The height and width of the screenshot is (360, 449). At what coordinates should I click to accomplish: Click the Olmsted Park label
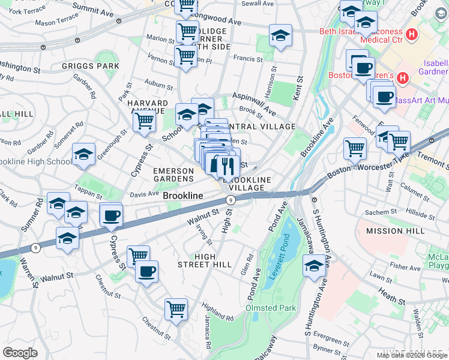[x=271, y=308]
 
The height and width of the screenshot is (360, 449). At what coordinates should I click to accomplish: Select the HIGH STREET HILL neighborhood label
[x=205, y=260]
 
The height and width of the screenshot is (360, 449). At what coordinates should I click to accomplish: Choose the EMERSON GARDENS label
[x=173, y=174]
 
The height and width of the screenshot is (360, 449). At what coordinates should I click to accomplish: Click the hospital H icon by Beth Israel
[x=411, y=34]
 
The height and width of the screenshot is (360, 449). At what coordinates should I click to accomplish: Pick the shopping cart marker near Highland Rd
[x=176, y=310]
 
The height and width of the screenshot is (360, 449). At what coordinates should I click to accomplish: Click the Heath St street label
[x=393, y=296]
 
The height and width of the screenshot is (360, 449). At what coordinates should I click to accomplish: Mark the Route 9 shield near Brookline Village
[x=230, y=200]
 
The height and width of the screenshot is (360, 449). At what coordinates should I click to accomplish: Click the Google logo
[x=20, y=353]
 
